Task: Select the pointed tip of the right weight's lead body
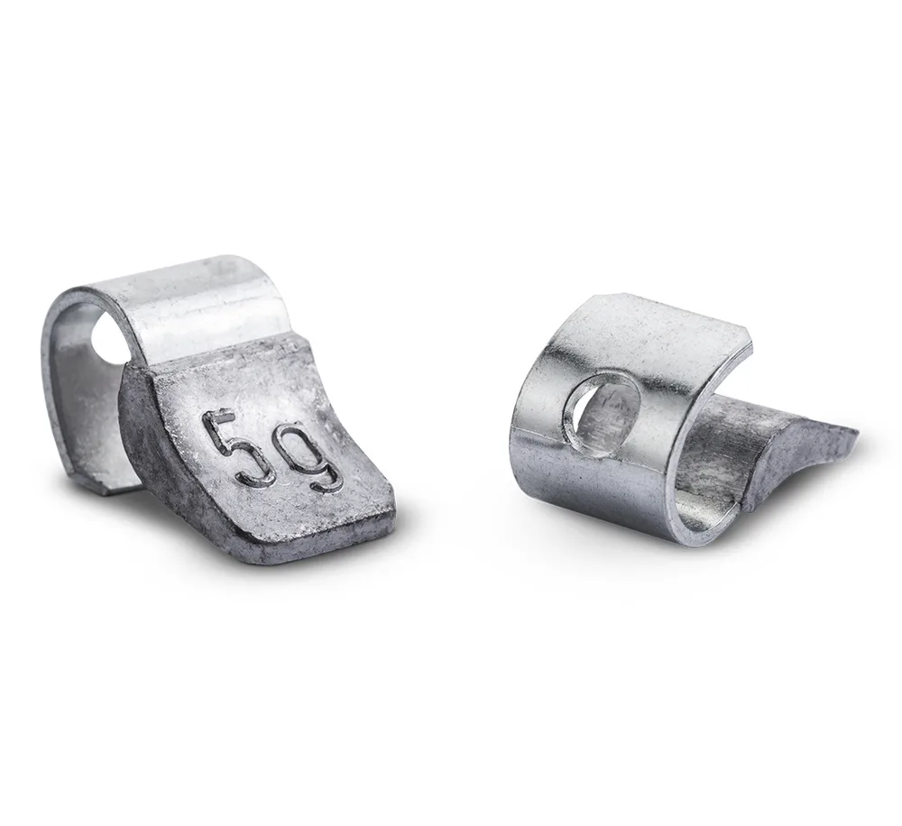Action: pos(856,431)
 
